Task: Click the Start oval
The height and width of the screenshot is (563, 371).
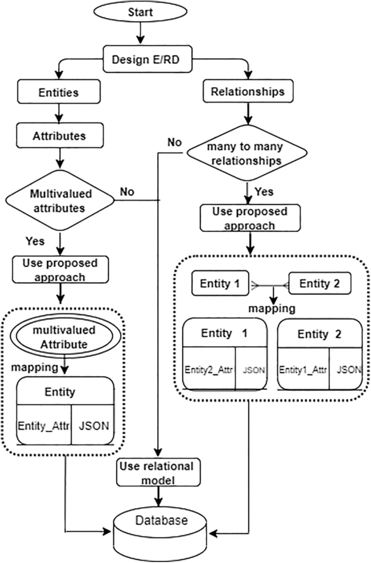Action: click(140, 12)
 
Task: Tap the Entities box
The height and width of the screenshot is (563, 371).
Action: click(59, 92)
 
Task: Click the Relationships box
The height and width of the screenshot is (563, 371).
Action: click(248, 91)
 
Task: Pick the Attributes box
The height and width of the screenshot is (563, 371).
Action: click(60, 136)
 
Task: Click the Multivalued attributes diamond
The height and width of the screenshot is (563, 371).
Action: click(60, 200)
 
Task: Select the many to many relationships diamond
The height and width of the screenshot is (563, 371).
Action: click(246, 153)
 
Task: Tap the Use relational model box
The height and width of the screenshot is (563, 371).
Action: click(158, 472)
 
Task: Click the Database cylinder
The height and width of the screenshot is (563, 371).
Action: click(161, 532)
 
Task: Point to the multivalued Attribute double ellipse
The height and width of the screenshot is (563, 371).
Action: click(64, 337)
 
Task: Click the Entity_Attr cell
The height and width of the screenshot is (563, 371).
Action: click(44, 425)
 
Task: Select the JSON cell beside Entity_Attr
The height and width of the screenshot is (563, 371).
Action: click(93, 425)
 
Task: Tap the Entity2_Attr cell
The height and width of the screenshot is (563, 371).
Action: click(209, 369)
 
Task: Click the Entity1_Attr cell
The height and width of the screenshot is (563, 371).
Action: click(303, 369)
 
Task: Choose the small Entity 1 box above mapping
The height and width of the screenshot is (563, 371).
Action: click(220, 283)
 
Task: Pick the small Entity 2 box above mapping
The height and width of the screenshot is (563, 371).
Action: click(320, 283)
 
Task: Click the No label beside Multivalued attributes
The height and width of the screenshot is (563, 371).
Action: click(127, 192)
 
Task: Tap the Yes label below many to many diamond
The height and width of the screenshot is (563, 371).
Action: click(264, 191)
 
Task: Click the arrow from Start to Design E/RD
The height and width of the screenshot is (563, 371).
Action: click(140, 33)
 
